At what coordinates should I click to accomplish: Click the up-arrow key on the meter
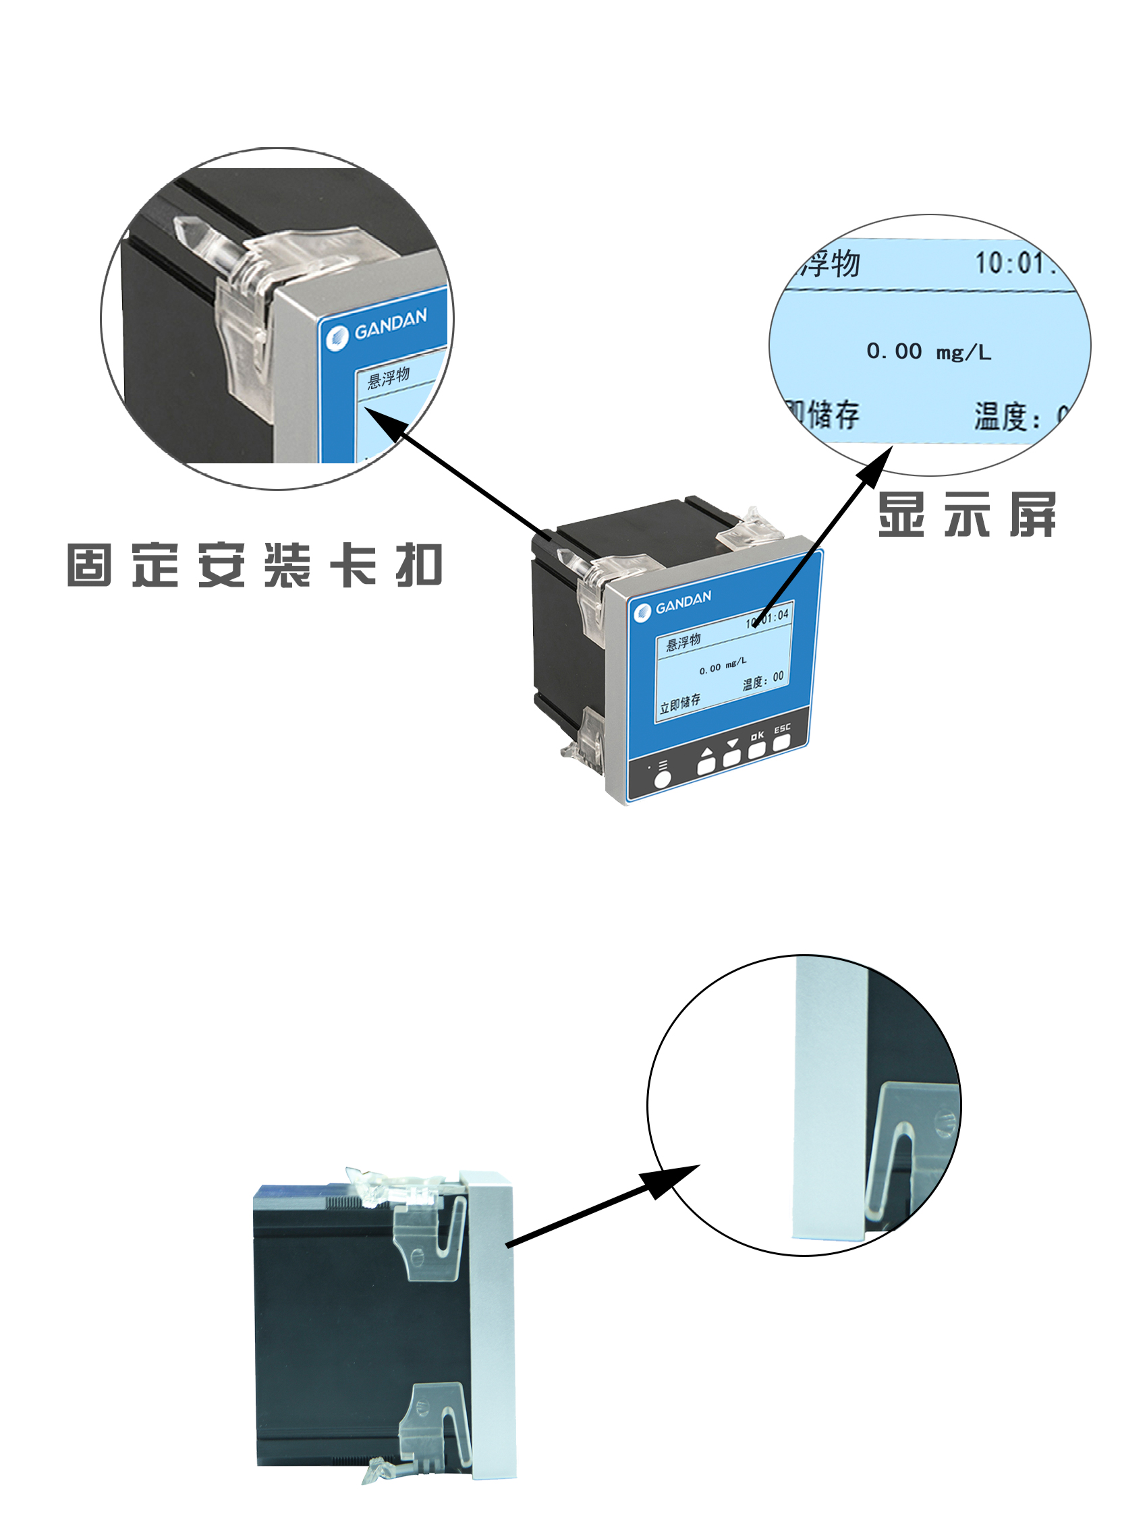[x=706, y=765]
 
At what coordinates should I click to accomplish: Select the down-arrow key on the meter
[x=731, y=757]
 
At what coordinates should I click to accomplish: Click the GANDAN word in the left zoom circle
[x=390, y=324]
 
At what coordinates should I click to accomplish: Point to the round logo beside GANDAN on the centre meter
[x=642, y=612]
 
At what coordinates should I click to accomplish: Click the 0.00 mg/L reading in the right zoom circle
[x=928, y=351]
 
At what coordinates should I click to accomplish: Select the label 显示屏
[x=966, y=514]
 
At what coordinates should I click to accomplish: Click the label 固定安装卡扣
[x=254, y=565]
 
